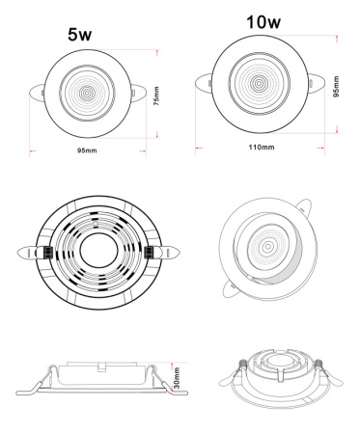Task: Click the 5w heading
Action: click(x=80, y=35)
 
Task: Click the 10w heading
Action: click(x=263, y=22)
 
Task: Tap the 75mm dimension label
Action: click(x=156, y=95)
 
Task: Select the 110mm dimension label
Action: click(x=262, y=148)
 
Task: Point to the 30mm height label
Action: click(x=177, y=378)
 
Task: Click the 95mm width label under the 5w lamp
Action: click(x=87, y=150)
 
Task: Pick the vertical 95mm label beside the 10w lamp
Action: click(x=336, y=87)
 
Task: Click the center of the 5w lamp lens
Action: click(x=87, y=94)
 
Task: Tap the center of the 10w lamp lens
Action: click(x=259, y=83)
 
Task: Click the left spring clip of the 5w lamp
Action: click(x=37, y=92)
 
